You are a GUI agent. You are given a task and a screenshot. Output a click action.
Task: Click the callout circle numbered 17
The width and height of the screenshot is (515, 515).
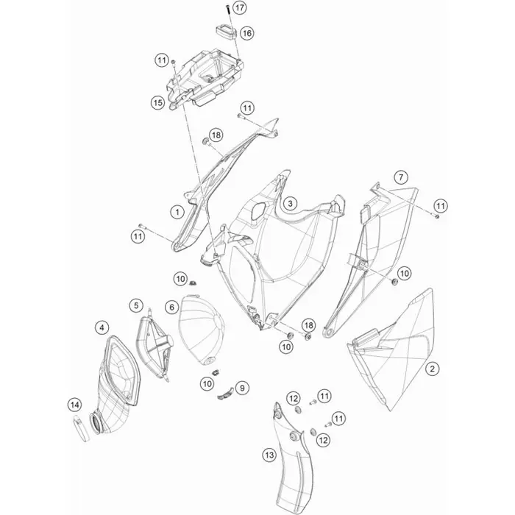point(239,7)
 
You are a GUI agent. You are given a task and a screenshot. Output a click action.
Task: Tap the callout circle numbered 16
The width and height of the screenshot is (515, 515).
point(247,33)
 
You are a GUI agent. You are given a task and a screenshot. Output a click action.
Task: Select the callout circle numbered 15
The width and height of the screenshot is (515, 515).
point(157,103)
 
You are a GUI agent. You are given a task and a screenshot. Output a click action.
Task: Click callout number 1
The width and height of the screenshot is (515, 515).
point(178,212)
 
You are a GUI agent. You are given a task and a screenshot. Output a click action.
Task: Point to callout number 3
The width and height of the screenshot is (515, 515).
point(290,204)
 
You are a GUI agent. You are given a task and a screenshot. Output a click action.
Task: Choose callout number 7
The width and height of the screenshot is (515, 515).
point(401,177)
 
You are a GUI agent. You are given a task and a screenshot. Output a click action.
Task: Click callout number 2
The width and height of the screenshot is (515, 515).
point(433,369)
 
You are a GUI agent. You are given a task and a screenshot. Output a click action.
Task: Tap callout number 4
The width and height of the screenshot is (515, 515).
point(102,327)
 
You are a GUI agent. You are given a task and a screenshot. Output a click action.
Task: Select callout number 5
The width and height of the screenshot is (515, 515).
point(136,306)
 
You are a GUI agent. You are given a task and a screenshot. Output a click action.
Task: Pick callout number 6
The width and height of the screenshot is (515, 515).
point(171,308)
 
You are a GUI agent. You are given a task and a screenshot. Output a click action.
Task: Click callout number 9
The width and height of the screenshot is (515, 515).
point(242,388)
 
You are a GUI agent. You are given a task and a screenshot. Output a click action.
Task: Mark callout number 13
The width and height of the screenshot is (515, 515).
point(269,455)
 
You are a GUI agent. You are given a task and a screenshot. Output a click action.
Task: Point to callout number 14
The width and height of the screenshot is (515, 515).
point(75,405)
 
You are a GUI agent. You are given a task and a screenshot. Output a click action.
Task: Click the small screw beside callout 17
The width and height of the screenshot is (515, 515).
point(227,10)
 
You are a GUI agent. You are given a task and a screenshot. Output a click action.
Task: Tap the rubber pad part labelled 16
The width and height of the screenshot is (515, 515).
point(227,32)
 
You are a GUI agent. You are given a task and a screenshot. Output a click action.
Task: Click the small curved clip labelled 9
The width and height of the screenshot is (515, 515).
point(226,394)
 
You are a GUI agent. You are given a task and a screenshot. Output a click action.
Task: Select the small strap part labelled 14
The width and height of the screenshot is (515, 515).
point(81,428)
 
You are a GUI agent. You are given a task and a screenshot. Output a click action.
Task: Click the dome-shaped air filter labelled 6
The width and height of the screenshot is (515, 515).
point(201,330)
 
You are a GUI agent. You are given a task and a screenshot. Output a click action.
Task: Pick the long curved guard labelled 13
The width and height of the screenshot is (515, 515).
point(291,457)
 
